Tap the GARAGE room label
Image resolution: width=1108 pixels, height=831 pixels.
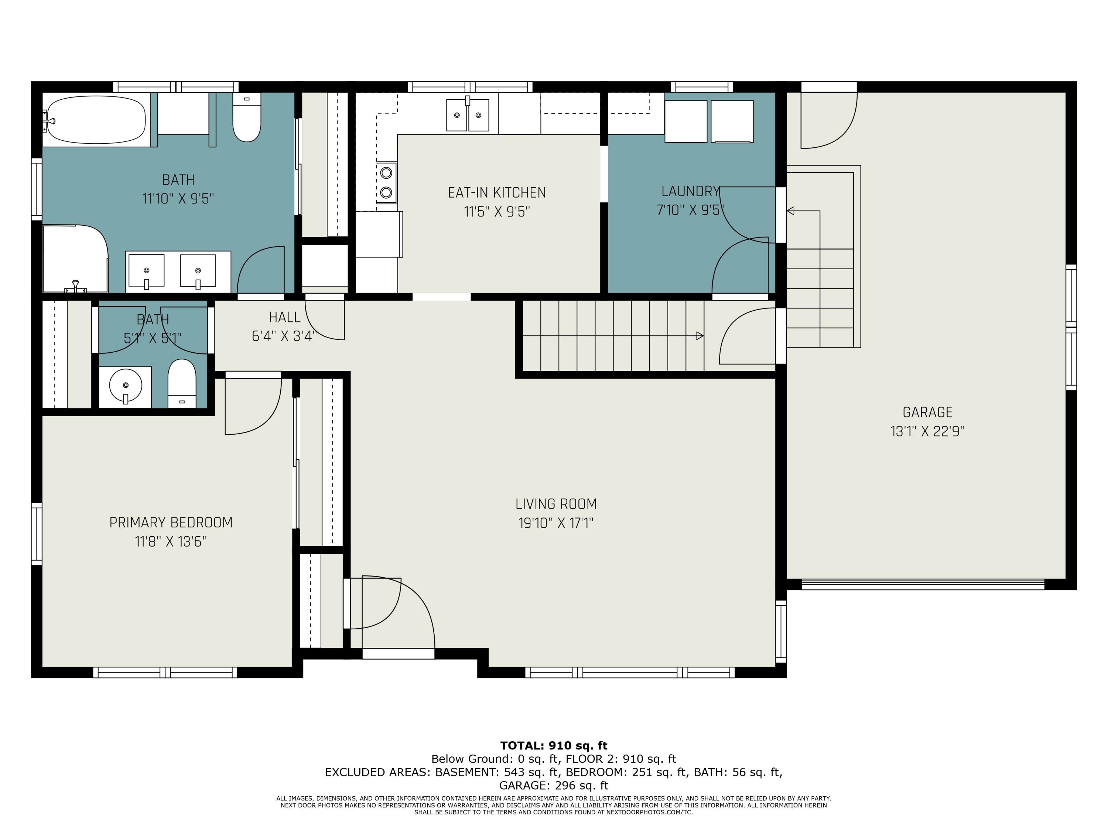click(927, 412)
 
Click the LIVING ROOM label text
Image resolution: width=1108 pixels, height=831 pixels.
click(556, 503)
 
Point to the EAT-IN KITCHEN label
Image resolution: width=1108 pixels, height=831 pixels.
click(496, 192)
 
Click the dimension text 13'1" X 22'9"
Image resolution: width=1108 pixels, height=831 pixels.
click(927, 431)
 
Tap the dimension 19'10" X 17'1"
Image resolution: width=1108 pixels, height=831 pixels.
click(556, 523)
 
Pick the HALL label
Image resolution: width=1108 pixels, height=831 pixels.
click(284, 317)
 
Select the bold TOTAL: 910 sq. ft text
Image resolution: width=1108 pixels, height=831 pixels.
click(554, 745)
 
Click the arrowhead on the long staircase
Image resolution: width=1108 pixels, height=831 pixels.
click(700, 336)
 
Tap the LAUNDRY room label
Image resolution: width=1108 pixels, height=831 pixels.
click(690, 191)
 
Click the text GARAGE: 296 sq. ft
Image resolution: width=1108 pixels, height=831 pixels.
click(554, 786)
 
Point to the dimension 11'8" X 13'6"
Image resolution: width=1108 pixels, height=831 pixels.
click(171, 541)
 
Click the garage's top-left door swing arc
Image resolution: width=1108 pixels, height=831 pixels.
click(841, 133)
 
